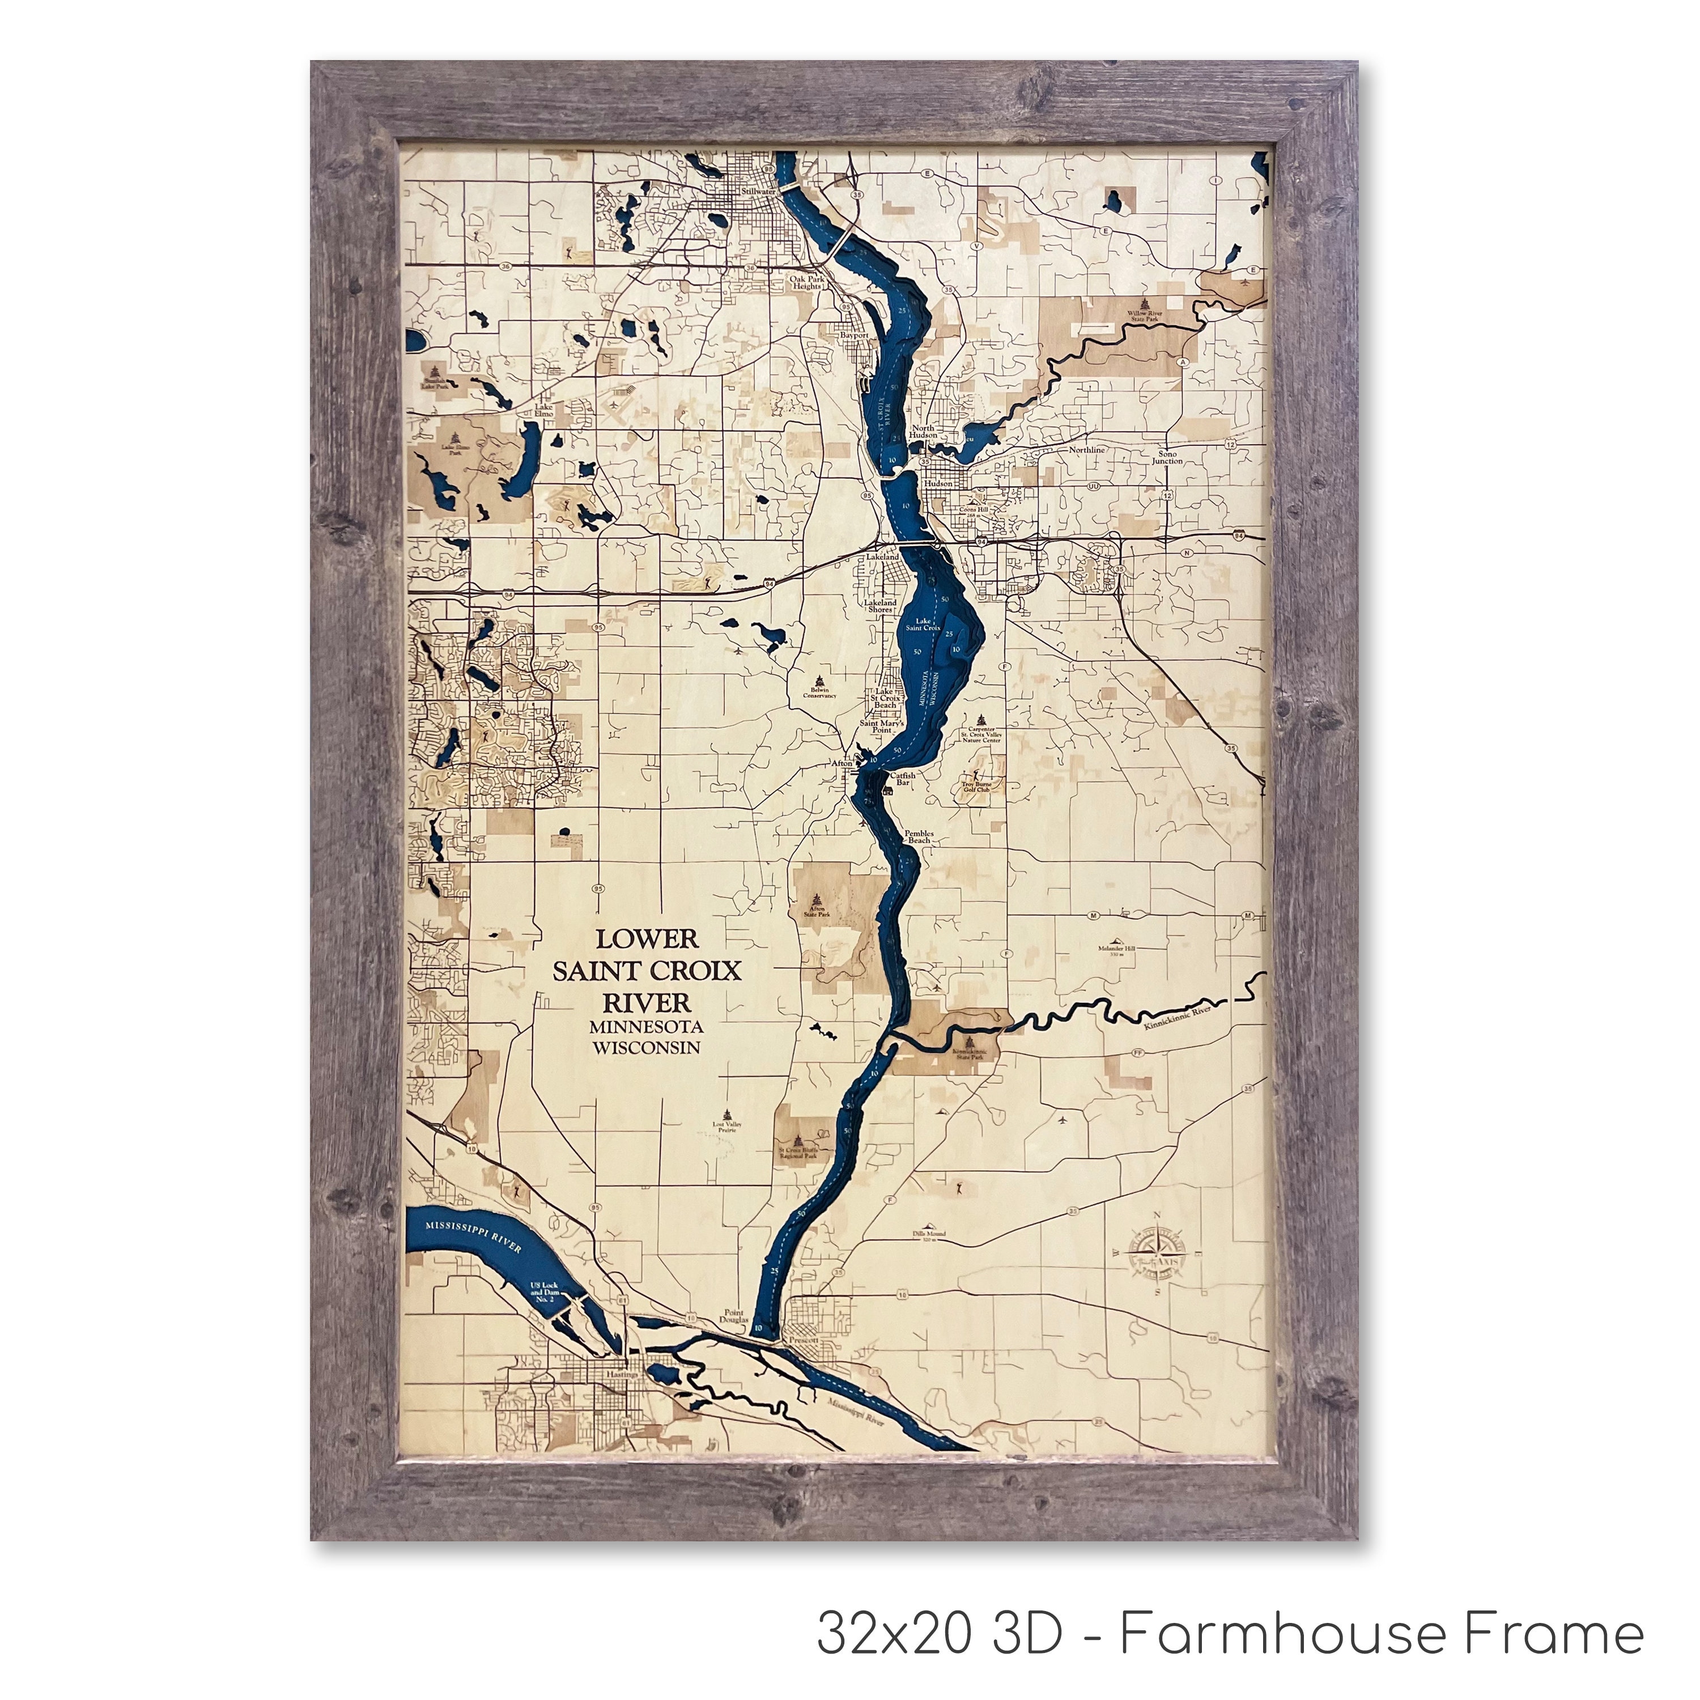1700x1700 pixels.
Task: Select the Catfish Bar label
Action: click(x=904, y=778)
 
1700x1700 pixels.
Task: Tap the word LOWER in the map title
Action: click(x=647, y=939)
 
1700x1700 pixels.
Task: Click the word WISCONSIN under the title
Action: click(x=647, y=1048)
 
